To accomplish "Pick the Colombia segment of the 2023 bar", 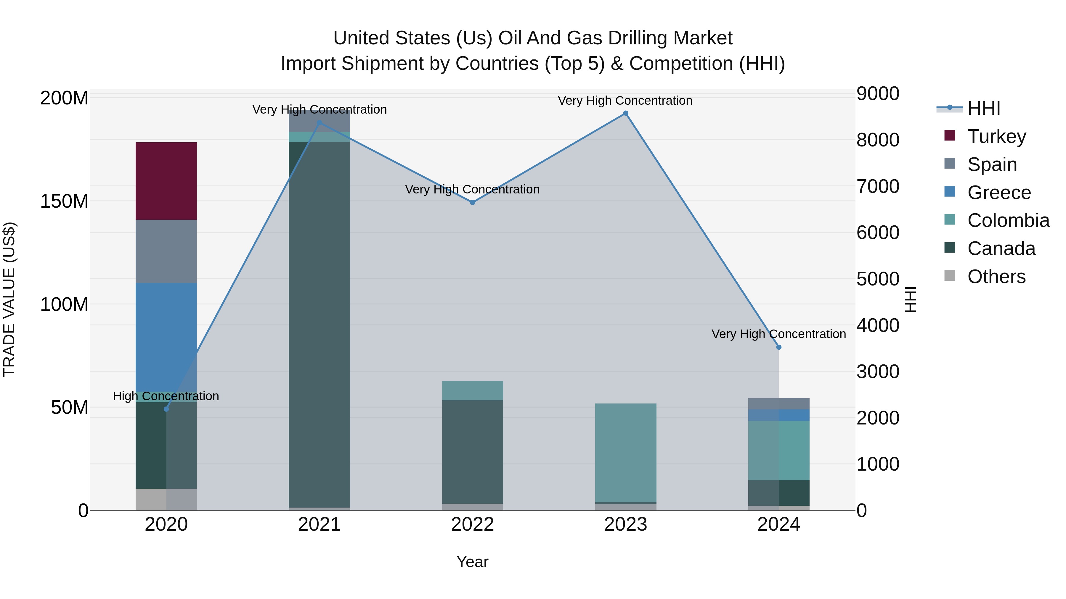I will pos(625,453).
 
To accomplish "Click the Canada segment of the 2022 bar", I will pos(472,451).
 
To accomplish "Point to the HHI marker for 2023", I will pos(625,113).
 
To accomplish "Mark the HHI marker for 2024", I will pos(778,347).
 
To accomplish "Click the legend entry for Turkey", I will pos(996,136).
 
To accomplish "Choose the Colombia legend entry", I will pos(1008,220).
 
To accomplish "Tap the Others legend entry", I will pos(996,277).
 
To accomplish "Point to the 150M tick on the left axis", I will pos(64,201).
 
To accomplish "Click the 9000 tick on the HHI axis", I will pos(877,93).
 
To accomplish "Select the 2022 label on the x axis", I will pos(472,524).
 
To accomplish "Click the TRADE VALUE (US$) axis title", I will pos(9,299).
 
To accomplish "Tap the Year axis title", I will pos(472,562).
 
